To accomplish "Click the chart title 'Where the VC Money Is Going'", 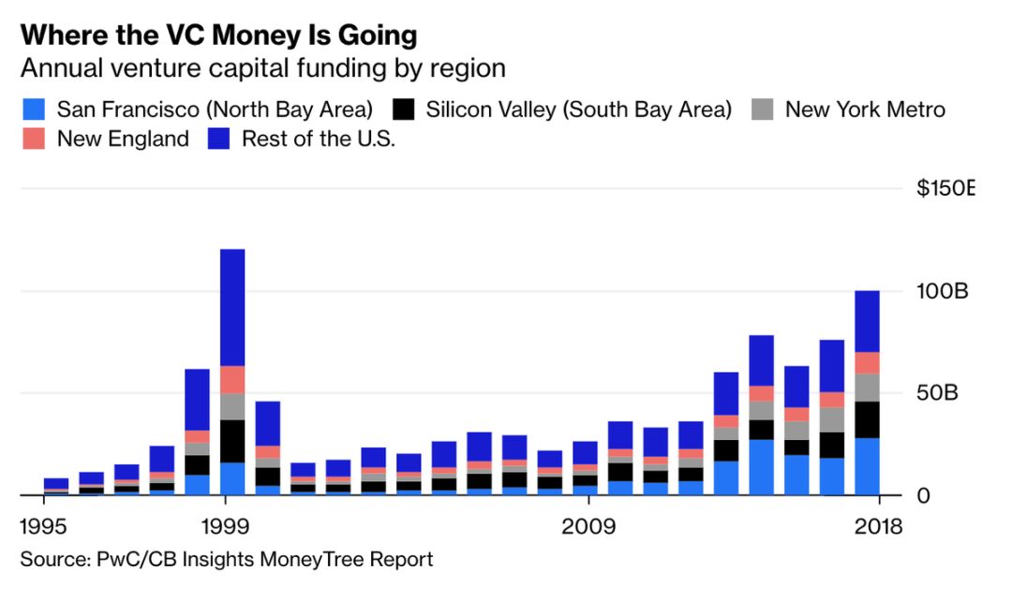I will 218,37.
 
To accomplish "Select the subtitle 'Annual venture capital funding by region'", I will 263,68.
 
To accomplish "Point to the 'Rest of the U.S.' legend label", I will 319,139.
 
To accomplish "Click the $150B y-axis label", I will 945,189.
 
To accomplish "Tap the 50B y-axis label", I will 937,392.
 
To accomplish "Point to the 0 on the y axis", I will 923,494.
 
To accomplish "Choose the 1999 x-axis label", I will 224,526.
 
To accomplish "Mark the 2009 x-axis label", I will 588,526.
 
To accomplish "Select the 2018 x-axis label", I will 878,526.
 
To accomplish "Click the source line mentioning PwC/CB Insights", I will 227,560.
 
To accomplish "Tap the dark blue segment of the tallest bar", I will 232,307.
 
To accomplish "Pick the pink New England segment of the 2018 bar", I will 867,362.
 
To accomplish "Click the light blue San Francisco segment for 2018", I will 867,466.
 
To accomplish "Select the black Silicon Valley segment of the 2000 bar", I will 268,476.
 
